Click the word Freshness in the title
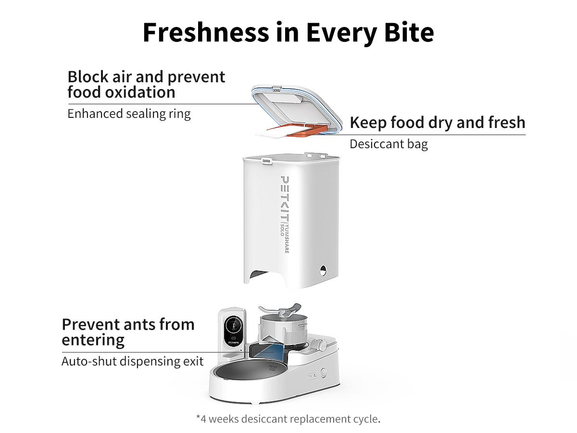coord(205,33)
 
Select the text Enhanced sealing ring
coord(129,114)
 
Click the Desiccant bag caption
coord(389,144)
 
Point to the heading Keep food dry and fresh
coord(437,123)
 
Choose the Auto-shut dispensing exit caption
coord(132,361)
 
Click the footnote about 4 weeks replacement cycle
coord(288,419)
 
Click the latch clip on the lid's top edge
coord(276,89)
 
